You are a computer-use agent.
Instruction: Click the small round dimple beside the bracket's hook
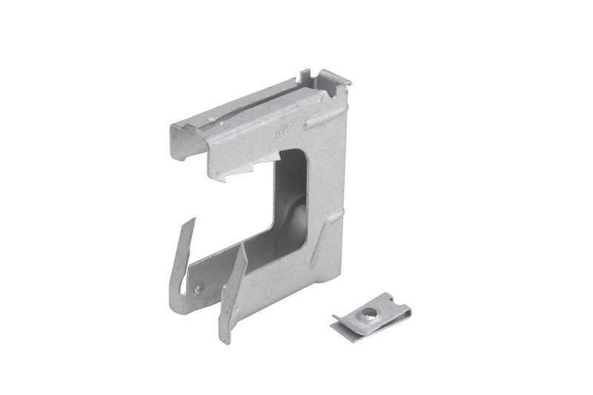tap(198, 290)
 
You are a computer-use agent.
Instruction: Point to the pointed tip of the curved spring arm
tap(193, 220)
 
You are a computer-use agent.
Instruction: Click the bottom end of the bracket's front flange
tap(225, 338)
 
